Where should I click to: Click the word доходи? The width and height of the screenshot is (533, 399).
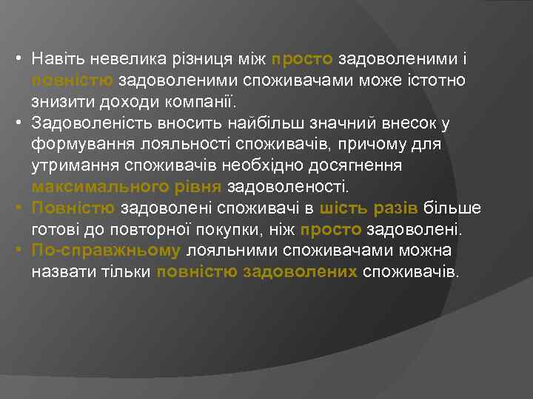(118, 101)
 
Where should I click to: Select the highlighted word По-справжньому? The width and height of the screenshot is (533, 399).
(106, 251)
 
